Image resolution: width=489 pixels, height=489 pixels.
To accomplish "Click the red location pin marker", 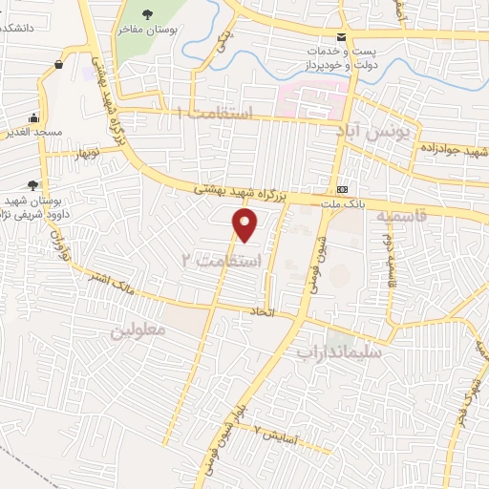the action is (x=246, y=224).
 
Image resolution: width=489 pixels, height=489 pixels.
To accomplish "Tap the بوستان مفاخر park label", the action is (x=144, y=31).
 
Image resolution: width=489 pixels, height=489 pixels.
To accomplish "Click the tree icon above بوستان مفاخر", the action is (x=146, y=13).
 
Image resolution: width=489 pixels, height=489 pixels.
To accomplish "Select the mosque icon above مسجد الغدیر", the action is (x=33, y=118).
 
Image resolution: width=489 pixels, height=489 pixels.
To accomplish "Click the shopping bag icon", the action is (x=60, y=64).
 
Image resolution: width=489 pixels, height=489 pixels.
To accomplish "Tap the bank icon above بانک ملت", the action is (x=342, y=185).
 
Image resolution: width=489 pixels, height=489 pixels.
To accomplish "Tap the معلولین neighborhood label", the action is (x=138, y=330).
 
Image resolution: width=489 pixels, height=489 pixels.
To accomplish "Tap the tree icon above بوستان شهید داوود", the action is (x=33, y=186).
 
